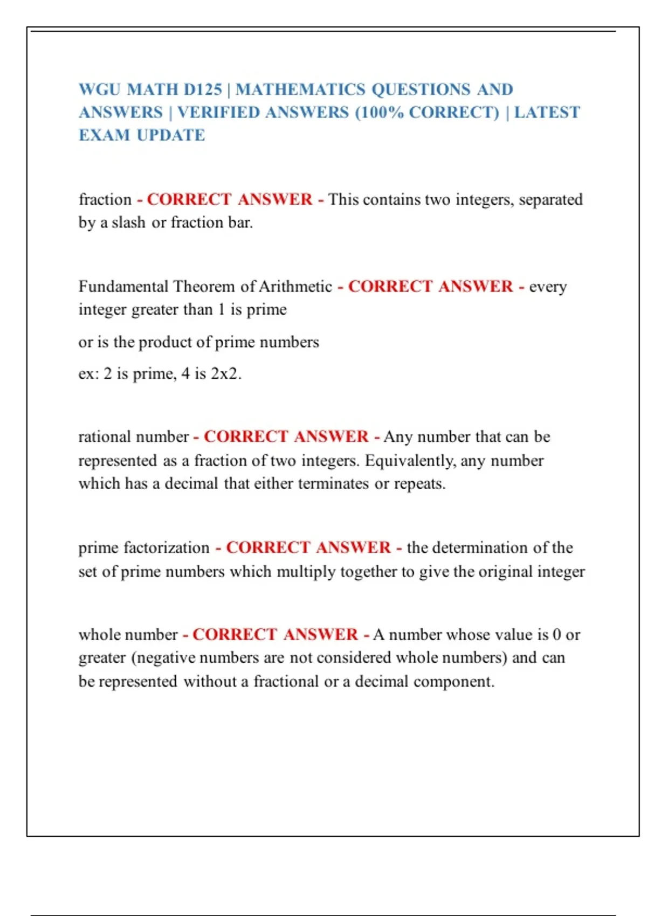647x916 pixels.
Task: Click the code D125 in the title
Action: [203, 89]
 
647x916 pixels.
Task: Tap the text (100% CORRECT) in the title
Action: [427, 113]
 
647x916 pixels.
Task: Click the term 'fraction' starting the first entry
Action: [105, 200]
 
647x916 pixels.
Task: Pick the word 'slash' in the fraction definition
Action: [128, 223]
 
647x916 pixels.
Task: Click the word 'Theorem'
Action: [205, 287]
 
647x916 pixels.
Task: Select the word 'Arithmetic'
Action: [295, 287]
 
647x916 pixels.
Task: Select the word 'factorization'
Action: [167, 548]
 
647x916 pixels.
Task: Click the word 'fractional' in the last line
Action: [286, 682]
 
